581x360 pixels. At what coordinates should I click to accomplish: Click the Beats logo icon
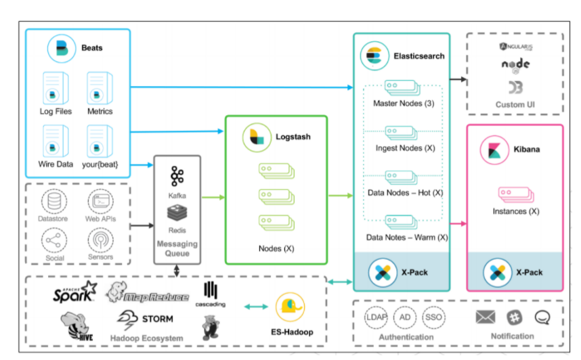pos(62,48)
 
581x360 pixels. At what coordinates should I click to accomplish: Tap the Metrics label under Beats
pos(100,111)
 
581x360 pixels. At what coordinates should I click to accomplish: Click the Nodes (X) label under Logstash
pos(276,248)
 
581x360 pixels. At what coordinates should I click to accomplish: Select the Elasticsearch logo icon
pos(374,55)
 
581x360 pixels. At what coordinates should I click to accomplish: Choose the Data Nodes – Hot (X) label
pos(404,192)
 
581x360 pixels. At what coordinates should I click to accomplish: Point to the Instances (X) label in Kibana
pos(516,211)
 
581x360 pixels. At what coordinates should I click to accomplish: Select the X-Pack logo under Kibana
pos(497,273)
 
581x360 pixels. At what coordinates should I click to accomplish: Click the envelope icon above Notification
pos(486,317)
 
